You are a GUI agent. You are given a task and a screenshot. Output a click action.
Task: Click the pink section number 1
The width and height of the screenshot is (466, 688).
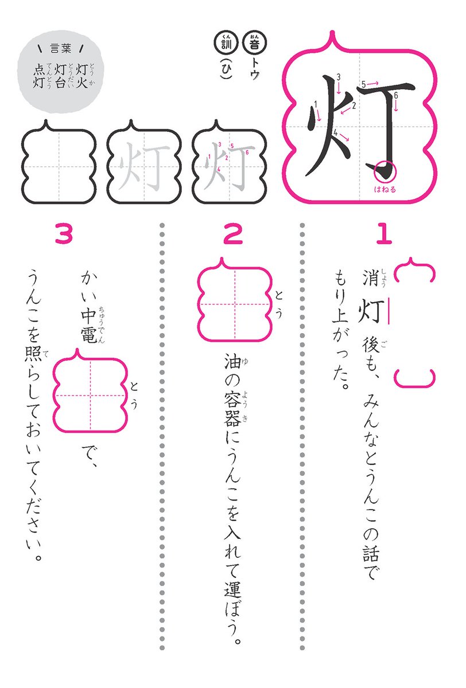pos(384,234)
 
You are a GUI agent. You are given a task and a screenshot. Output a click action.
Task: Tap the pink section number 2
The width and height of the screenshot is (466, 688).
pos(232,234)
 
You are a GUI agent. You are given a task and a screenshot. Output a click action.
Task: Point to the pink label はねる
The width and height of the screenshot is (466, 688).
pos(385,188)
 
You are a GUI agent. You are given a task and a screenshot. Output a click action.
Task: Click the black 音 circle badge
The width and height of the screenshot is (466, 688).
pos(253,42)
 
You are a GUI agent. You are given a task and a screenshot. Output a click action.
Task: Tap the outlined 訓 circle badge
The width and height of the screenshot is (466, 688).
pos(222,42)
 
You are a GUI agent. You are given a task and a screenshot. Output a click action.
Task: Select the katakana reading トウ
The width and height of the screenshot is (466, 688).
pos(253,65)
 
